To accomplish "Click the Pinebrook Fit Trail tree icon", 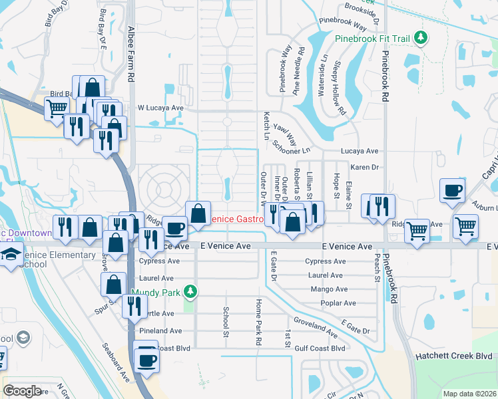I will coord(420,38).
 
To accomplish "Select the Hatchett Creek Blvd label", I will coord(459,356).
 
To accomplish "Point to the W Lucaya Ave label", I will coord(160,107).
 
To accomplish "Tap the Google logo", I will coord(22,391).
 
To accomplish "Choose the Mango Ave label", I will coord(329,289).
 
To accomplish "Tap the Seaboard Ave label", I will coord(116,363).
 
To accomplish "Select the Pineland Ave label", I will coord(160,331).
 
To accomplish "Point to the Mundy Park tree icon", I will coord(190,292).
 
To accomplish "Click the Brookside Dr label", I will coord(362,13).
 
